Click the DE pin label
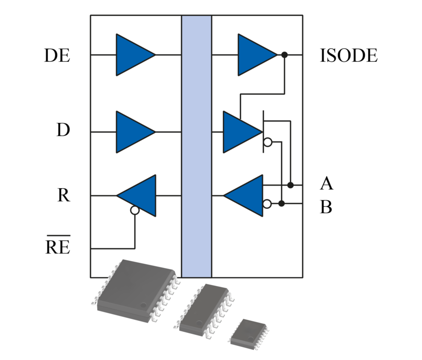(57, 56)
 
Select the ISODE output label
(348, 56)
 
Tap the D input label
(63, 131)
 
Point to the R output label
(63, 196)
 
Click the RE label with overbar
(58, 247)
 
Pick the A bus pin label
(326, 184)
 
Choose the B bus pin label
(326, 208)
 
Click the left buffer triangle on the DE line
(132, 55)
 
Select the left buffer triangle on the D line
(132, 132)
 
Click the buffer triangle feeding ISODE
(254, 55)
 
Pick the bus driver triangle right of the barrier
(239, 132)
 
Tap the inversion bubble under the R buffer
(135, 210)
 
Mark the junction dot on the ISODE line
(284, 55)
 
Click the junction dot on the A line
(290, 185)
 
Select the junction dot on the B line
(282, 204)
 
